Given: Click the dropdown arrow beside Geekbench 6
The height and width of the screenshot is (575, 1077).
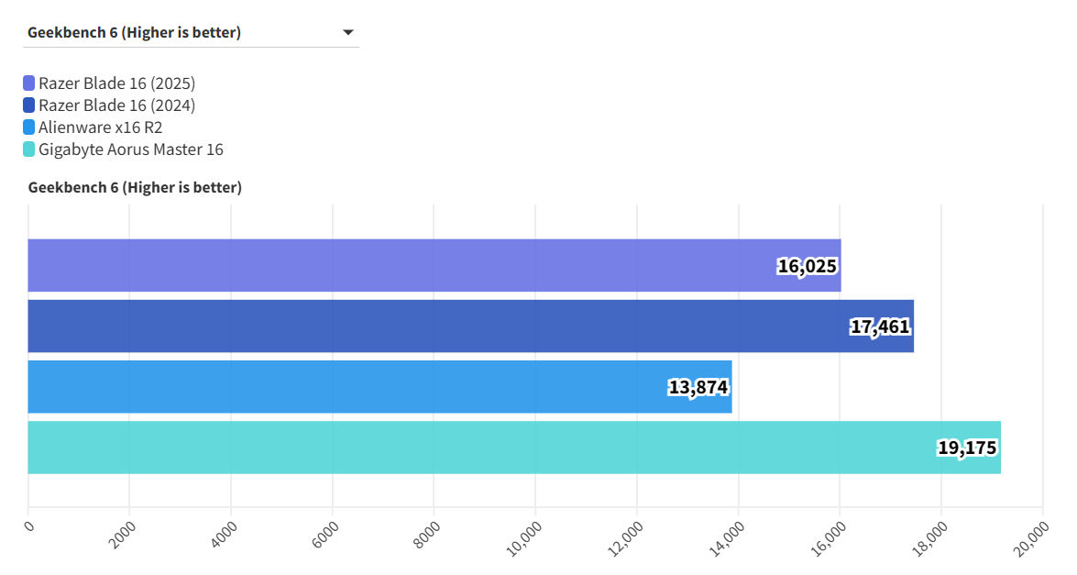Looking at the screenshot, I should tap(348, 33).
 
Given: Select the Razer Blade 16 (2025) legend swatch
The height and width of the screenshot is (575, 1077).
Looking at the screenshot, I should tap(29, 83).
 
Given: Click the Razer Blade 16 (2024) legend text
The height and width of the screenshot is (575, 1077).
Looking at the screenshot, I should tap(116, 105).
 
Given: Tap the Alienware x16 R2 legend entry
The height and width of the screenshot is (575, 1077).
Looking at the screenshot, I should tap(100, 127).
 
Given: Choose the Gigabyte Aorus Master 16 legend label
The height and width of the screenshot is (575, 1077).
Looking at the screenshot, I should tap(130, 149).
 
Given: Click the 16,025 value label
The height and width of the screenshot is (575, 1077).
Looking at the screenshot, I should tap(808, 267).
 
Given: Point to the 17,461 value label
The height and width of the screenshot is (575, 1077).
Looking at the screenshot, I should tap(880, 327).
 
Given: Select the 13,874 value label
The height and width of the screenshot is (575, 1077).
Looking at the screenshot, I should tap(698, 388).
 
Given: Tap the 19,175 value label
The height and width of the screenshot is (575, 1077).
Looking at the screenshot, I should tap(967, 448).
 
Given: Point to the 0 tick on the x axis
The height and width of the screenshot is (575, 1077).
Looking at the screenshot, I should tap(29, 525).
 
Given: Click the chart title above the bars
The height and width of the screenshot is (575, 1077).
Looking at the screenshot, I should tap(135, 188).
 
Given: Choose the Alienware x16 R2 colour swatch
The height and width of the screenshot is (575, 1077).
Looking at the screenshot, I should tap(29, 127).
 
